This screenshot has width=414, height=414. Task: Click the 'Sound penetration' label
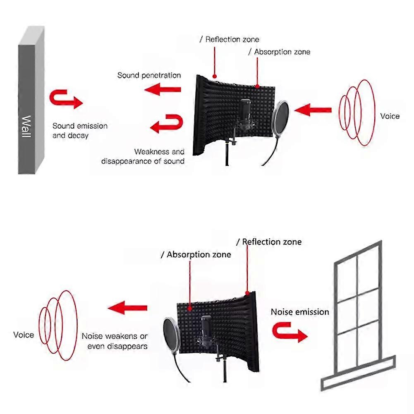click(x=149, y=75)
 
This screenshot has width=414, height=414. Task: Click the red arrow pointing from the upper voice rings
click(x=314, y=110)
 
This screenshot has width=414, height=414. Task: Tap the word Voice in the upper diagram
click(x=390, y=116)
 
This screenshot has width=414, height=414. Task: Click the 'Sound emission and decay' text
click(x=80, y=130)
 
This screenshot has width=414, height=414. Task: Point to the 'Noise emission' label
click(x=300, y=312)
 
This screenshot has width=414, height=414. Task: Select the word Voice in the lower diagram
click(x=24, y=335)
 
